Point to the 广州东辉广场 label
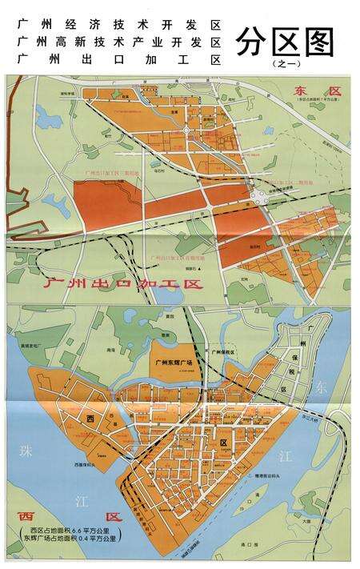tap(174, 361)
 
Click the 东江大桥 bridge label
tap(313, 418)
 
